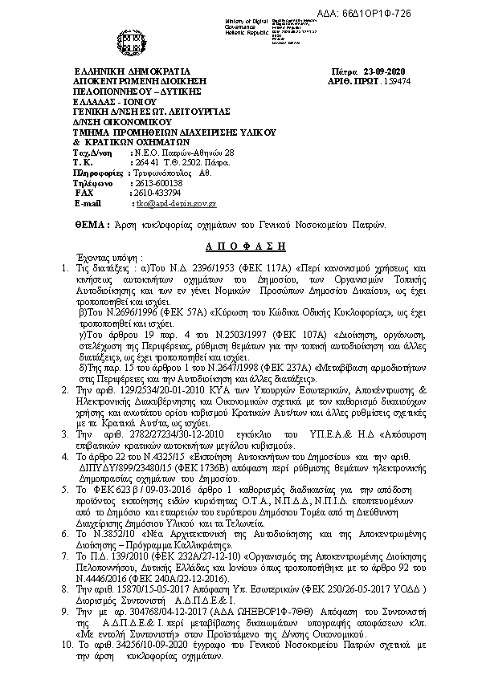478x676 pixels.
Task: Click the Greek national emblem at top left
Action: point(129,39)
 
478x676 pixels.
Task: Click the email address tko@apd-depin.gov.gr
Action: point(172,204)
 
